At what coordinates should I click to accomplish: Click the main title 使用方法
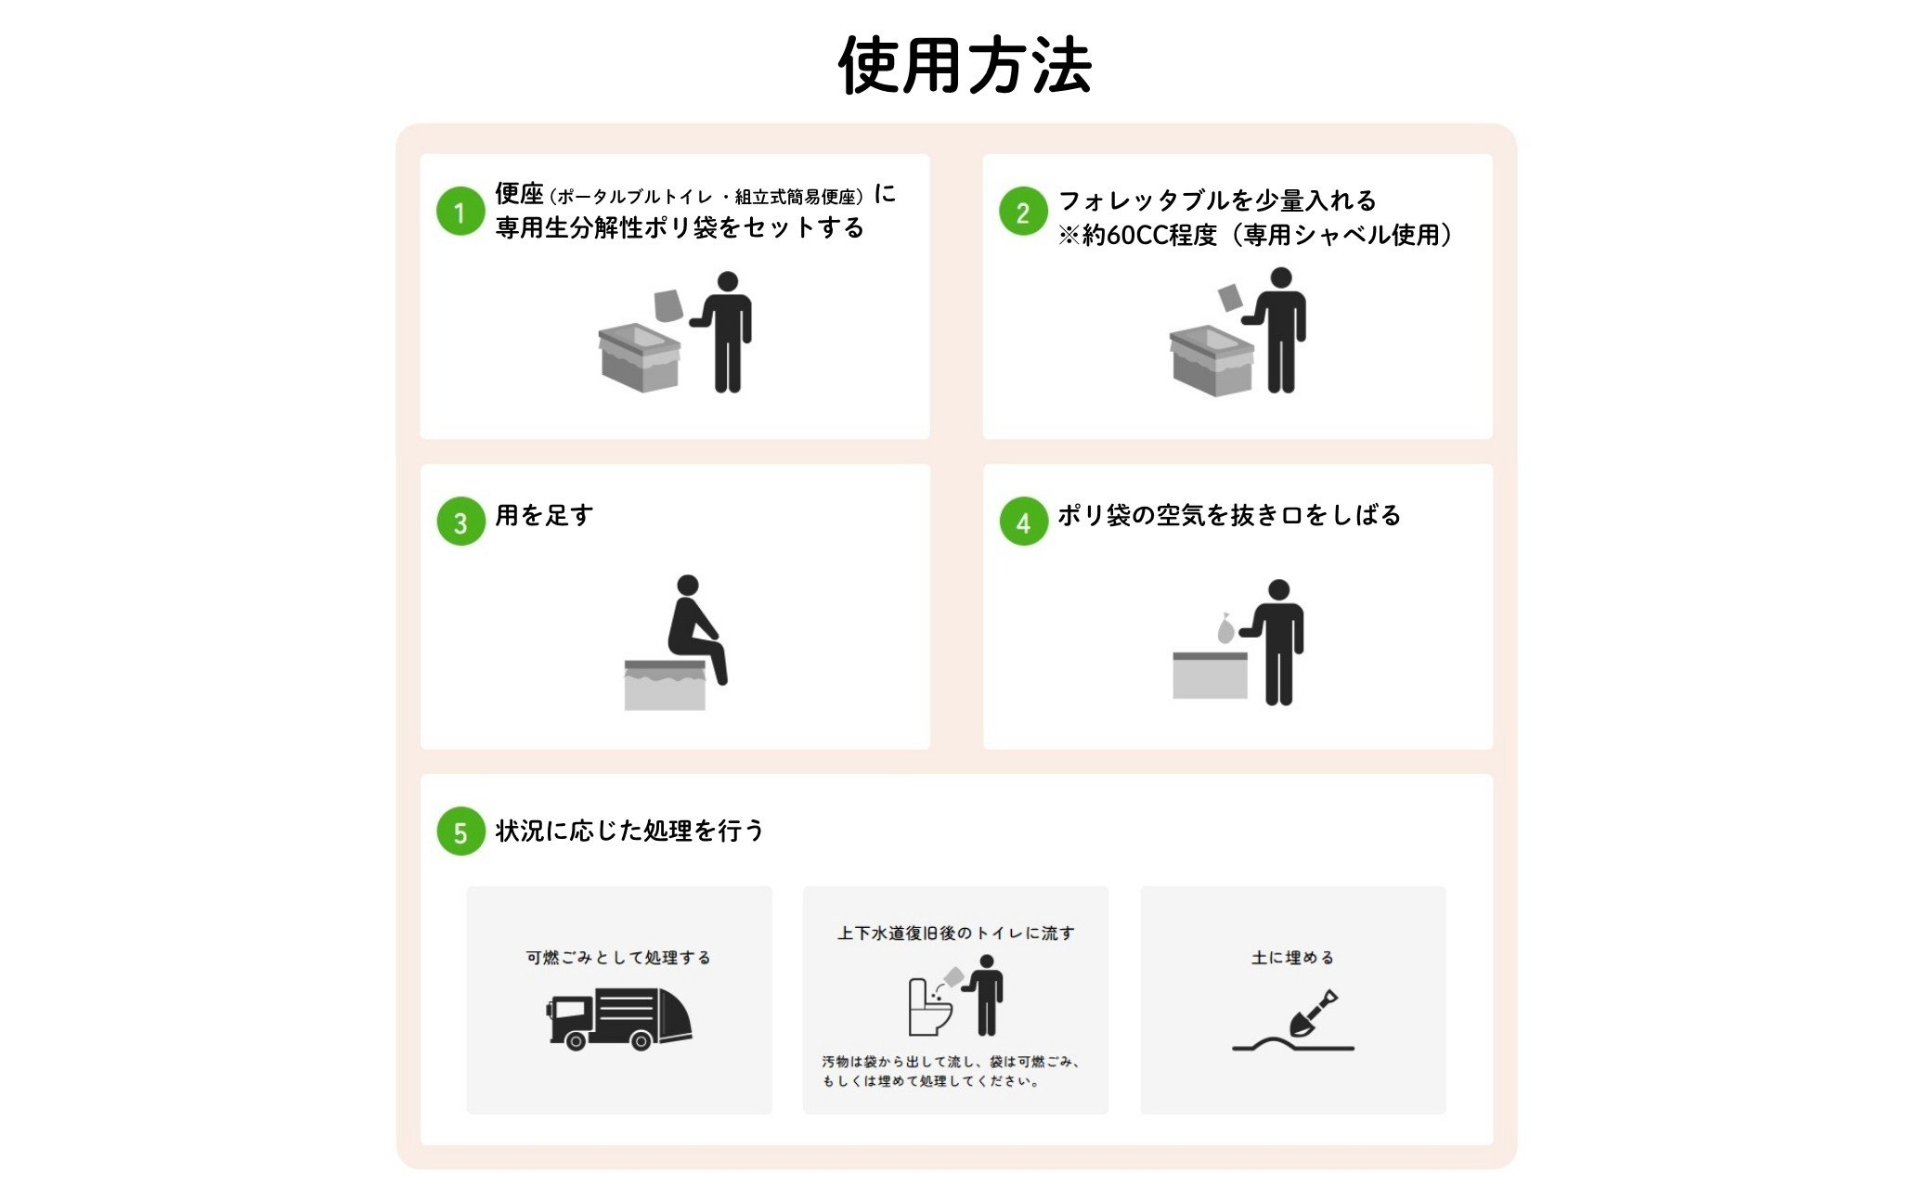click(x=965, y=66)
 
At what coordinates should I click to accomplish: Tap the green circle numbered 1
click(x=460, y=212)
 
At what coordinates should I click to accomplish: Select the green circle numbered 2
click(x=1023, y=212)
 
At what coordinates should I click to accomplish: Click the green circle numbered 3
click(x=460, y=522)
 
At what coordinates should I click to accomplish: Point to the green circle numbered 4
click(x=1023, y=522)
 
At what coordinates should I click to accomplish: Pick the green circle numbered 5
click(x=460, y=832)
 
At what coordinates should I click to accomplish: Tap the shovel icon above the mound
click(x=1313, y=1013)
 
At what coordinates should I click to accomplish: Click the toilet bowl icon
click(x=929, y=1007)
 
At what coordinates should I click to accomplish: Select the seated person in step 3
click(x=696, y=629)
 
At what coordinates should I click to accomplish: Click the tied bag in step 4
click(x=1225, y=628)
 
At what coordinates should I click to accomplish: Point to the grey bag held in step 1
click(x=668, y=304)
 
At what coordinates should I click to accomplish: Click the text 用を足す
click(x=544, y=515)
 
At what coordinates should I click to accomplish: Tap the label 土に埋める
click(x=1292, y=957)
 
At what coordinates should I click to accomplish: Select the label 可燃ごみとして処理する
click(x=618, y=957)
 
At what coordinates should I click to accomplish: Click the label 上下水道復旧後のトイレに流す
click(x=955, y=933)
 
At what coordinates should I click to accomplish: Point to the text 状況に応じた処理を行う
click(x=629, y=830)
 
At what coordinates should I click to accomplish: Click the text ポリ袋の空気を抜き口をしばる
click(x=1229, y=515)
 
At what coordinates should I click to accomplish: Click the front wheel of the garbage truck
click(x=576, y=1041)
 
